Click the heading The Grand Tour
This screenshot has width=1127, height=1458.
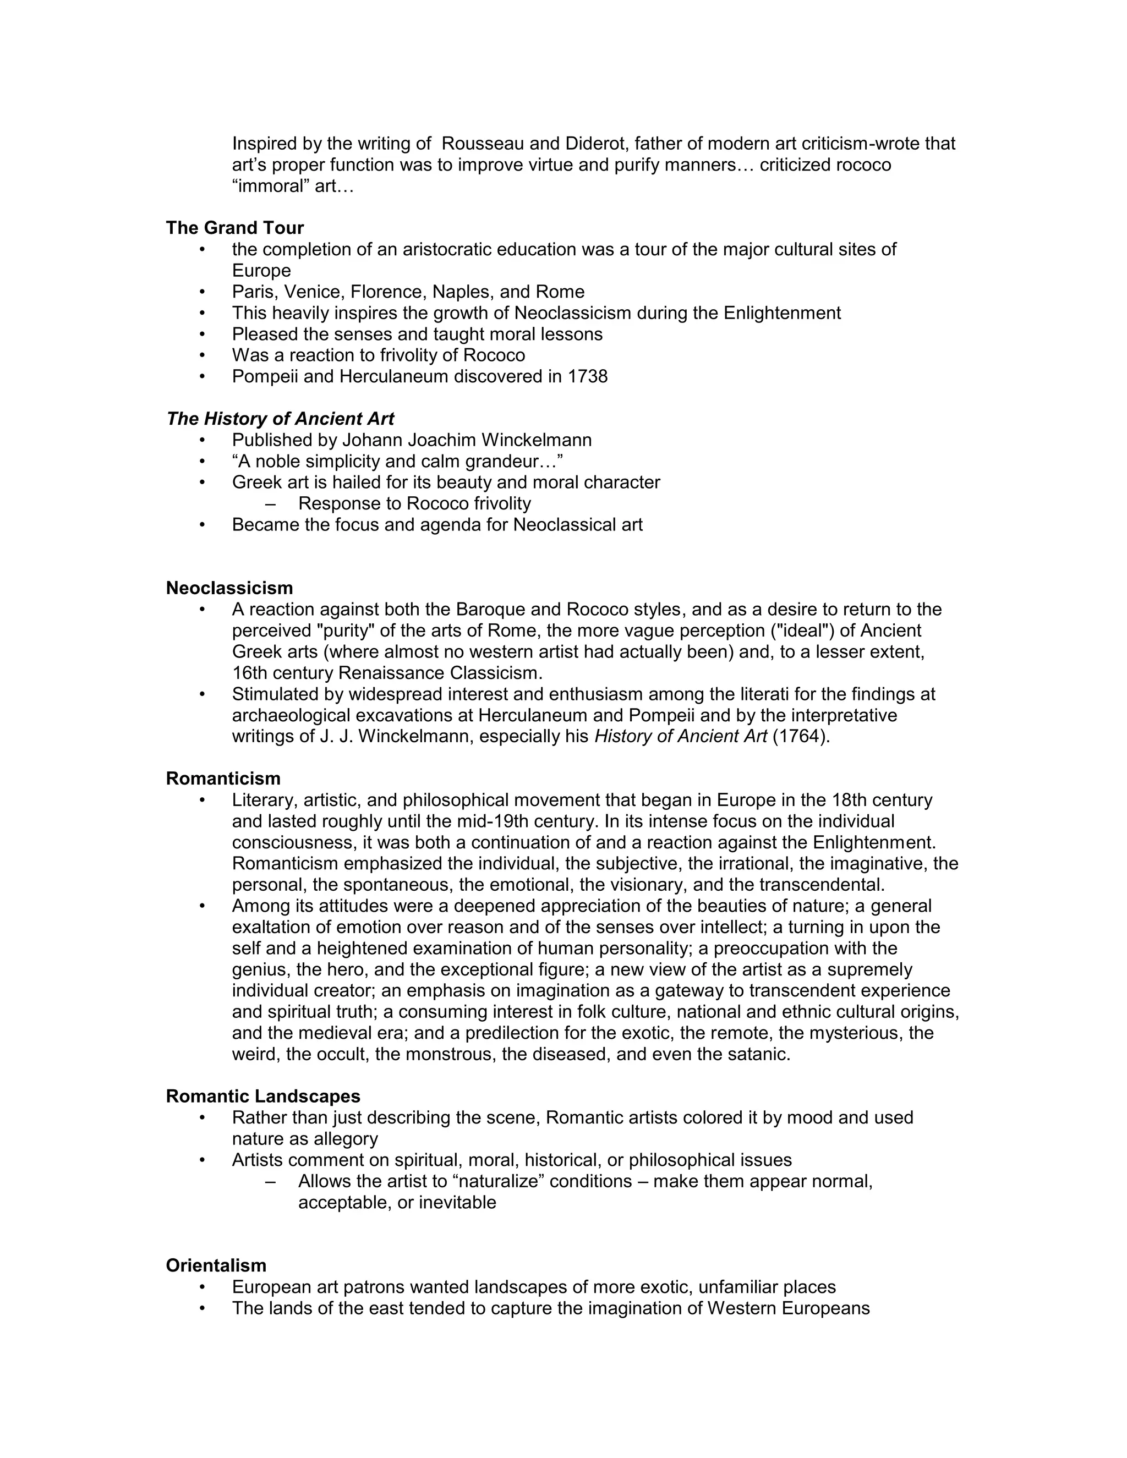pos(234,228)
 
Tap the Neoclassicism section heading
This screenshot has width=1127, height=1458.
pos(229,588)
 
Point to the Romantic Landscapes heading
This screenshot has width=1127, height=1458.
pos(262,1096)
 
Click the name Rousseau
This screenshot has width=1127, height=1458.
pos(483,144)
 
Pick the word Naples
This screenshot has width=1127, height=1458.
pos(463,292)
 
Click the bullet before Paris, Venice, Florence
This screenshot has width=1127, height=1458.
pos(203,292)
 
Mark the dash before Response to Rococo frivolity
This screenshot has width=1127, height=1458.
pos(270,503)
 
